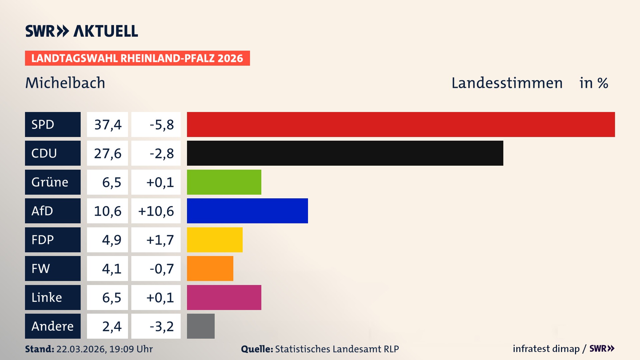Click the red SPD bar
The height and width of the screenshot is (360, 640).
(x=401, y=124)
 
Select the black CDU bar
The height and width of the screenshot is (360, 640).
(x=345, y=153)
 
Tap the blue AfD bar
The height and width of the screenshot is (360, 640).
(x=247, y=211)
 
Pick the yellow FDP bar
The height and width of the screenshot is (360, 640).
(x=215, y=240)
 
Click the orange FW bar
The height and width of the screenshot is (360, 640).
(x=210, y=268)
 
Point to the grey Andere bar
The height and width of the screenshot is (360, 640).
(x=201, y=326)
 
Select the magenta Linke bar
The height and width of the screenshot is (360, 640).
(x=224, y=297)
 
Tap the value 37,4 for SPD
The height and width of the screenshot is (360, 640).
(x=108, y=125)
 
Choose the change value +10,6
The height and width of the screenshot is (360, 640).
(x=156, y=211)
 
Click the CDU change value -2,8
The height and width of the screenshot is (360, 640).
(x=162, y=153)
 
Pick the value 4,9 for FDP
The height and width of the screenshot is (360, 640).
(x=111, y=240)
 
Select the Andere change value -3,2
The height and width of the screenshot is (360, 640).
(x=162, y=326)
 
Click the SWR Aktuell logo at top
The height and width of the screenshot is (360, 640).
(x=82, y=31)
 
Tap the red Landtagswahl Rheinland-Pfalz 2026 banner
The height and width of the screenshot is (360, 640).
(x=137, y=58)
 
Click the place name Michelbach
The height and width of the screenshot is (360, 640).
(x=65, y=83)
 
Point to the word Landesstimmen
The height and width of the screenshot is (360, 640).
(x=507, y=83)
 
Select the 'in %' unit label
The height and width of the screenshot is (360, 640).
(x=594, y=83)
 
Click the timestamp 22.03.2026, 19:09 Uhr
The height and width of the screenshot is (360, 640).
(x=104, y=349)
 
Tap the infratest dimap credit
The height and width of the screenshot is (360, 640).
(x=546, y=349)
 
